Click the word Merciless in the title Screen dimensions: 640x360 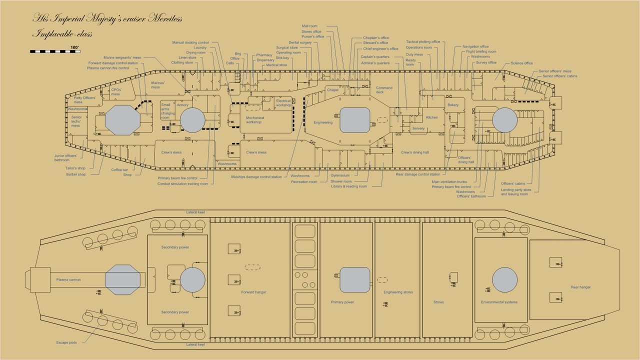click(167, 19)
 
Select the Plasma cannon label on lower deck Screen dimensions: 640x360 click(68, 279)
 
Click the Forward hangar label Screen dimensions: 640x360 click(250, 292)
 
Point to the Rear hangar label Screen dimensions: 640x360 click(580, 287)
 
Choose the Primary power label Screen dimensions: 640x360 click(342, 302)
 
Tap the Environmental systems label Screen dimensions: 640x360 click(499, 302)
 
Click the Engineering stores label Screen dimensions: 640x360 click(398, 292)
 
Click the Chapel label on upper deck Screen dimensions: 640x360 click(332, 90)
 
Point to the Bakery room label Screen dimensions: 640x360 click(453, 105)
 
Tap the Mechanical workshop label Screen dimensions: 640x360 click(254, 120)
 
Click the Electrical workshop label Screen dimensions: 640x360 click(283, 103)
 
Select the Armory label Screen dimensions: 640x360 click(182, 105)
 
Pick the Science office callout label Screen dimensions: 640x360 click(521, 63)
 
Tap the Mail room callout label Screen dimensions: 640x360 click(309, 26)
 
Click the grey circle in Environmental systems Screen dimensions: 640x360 click(504, 280)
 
